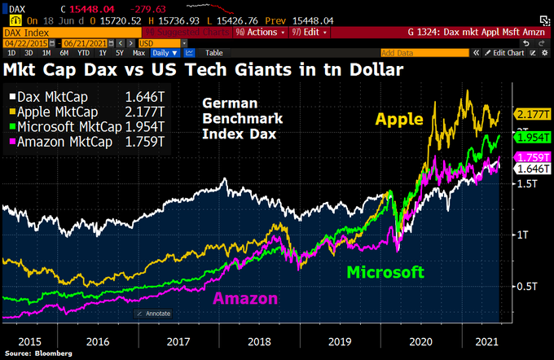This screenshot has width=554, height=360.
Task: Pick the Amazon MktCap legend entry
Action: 64,142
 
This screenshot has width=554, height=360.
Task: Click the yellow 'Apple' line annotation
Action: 399,120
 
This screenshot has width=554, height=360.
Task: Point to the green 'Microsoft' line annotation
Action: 386,271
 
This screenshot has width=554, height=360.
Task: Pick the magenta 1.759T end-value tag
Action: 533,156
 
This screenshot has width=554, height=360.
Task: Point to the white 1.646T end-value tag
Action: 533,168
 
